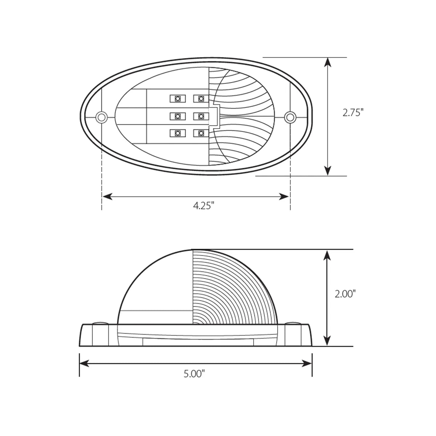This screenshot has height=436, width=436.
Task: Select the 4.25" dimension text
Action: coord(203,206)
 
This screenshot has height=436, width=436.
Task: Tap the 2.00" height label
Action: coord(345,294)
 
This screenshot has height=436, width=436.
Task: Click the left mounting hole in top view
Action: coord(101,117)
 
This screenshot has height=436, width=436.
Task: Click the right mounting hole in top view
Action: coord(290,117)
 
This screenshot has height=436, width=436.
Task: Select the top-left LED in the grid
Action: coord(178,98)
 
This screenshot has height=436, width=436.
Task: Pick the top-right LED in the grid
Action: coord(201,98)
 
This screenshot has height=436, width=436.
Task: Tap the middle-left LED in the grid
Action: coord(178,116)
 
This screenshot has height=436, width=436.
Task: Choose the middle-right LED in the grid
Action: coord(201,116)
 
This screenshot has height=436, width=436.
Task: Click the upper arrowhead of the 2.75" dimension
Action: coord(328,62)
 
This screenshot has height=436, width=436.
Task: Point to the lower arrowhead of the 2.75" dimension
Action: coord(328,170)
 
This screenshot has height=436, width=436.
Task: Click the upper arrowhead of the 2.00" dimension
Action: coord(328,255)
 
